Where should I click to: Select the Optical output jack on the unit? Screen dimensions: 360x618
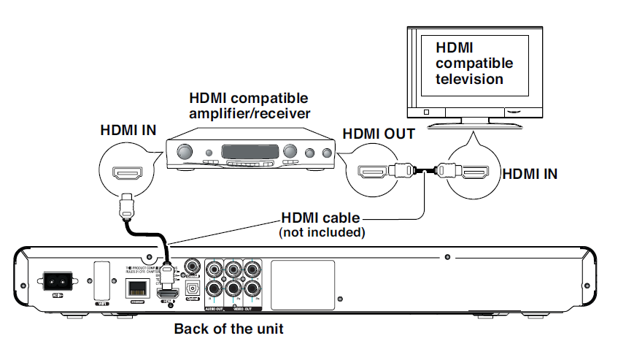point(193,289)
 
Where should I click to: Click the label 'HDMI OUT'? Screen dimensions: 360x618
point(379,134)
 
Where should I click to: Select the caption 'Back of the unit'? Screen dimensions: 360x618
point(228,329)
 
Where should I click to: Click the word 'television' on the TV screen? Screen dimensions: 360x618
point(469,79)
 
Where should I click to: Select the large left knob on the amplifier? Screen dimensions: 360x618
point(185,152)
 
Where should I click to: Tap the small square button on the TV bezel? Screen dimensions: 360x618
point(427,112)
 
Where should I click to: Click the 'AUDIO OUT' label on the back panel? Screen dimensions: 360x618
point(218,309)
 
